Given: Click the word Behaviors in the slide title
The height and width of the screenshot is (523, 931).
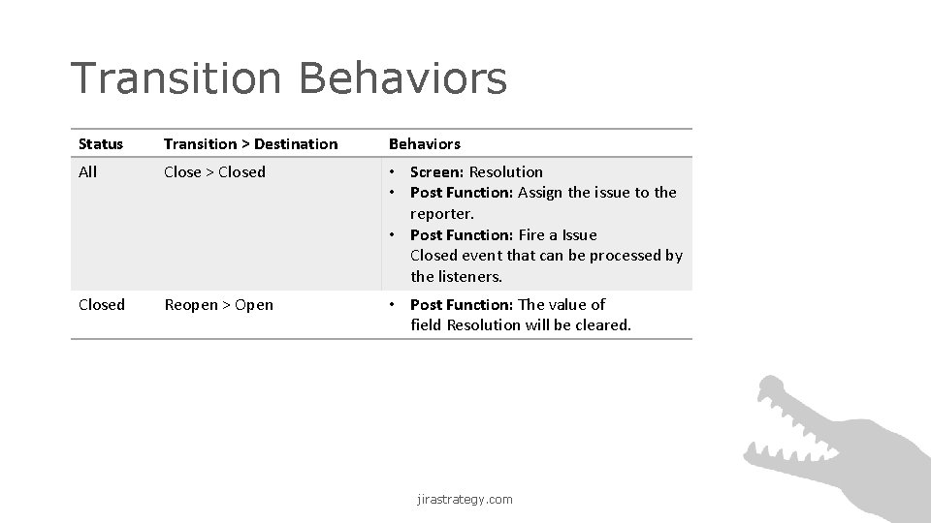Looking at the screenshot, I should tap(402, 78).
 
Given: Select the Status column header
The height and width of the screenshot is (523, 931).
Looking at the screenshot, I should tap(101, 144).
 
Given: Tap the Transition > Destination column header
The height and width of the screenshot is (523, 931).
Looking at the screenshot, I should tap(250, 144).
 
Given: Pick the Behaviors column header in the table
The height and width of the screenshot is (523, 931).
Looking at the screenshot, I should tap(424, 144).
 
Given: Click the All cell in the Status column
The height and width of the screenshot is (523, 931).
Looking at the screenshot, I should tap(87, 172).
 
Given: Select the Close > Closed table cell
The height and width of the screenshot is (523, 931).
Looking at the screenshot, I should tap(214, 172).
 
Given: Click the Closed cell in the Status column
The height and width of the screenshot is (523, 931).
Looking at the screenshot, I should tap(101, 305).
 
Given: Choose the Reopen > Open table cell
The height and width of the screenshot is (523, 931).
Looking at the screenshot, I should tap(218, 305).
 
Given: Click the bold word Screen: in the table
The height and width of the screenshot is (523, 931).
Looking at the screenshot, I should tap(437, 172).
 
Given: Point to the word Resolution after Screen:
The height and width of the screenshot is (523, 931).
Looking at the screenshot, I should tap(505, 172).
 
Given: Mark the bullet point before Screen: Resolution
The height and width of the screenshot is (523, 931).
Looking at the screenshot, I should tap(394, 172).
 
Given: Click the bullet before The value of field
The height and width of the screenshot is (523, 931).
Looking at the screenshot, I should tap(394, 305).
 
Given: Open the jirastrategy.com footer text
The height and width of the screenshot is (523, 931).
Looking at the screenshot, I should tap(465, 500).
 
